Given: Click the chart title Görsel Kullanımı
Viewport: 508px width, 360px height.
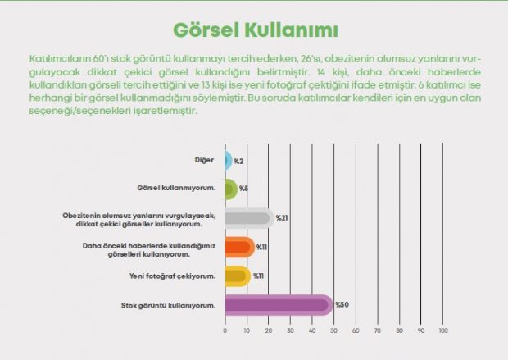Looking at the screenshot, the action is click(256, 30).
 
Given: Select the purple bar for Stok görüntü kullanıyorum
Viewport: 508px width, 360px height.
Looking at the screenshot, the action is click(279, 305).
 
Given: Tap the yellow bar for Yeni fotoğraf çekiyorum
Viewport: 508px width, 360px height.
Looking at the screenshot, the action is click(238, 276).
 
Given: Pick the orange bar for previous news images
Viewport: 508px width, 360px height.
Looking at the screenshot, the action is click(240, 247).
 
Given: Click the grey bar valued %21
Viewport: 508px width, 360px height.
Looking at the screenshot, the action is click(250, 218).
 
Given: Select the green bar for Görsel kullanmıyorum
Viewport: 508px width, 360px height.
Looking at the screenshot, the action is click(231, 189).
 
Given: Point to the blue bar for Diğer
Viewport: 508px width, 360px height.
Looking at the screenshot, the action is click(229, 160).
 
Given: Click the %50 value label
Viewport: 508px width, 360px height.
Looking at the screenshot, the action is click(342, 305).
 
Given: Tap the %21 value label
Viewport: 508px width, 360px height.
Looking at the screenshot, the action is click(282, 218).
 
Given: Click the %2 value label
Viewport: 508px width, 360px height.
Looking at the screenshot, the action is click(238, 162).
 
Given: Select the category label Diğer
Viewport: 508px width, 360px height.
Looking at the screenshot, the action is click(204, 160).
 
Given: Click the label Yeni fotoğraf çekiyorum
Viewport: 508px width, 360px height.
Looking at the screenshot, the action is click(172, 276).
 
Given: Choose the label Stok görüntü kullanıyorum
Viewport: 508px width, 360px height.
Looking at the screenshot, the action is click(169, 306).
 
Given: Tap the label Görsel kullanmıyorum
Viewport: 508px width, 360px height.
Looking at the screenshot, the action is click(176, 188).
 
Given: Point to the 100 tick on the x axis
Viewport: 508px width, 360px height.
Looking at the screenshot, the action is click(443, 330).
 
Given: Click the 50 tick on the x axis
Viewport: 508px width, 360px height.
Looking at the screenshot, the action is click(333, 330).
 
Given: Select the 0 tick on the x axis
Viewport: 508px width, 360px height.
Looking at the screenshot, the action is click(225, 330).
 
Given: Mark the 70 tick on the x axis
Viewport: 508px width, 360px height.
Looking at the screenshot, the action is click(378, 330).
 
